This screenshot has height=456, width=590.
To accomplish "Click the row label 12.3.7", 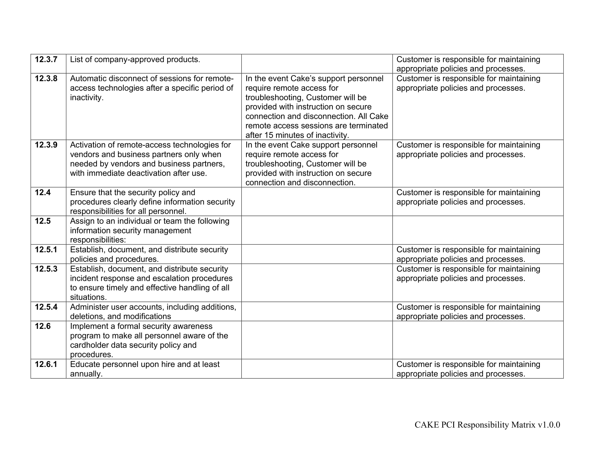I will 46,60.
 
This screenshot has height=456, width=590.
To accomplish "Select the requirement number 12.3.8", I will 46,79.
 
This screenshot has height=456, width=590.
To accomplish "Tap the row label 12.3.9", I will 46,145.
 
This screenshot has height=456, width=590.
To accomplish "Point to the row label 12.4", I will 43,193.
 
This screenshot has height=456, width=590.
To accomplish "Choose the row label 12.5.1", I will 46,250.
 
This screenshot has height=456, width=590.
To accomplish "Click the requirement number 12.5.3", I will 46,269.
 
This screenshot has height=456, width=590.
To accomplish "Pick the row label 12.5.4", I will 46,307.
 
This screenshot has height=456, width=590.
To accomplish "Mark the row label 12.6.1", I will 46,365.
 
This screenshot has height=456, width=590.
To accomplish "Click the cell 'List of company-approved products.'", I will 135,60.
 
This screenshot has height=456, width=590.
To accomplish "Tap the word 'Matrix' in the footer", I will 523,425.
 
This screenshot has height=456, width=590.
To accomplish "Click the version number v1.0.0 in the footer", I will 549,425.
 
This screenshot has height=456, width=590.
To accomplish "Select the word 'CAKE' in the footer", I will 427,425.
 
